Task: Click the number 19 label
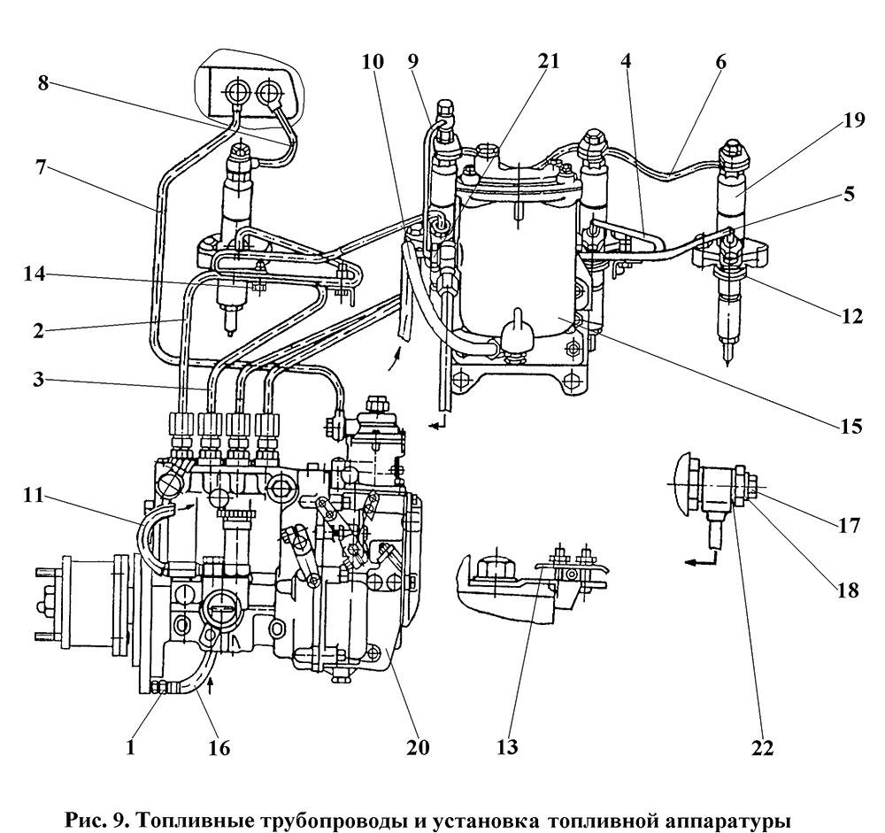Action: pos(855,120)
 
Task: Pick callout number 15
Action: pos(850,425)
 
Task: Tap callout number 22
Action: pos(761,747)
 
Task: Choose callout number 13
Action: pos(506,746)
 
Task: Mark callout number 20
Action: pos(417,746)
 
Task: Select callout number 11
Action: pos(34,495)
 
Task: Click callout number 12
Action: pos(850,316)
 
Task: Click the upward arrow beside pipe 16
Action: pos(212,685)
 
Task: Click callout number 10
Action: pos(373,60)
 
